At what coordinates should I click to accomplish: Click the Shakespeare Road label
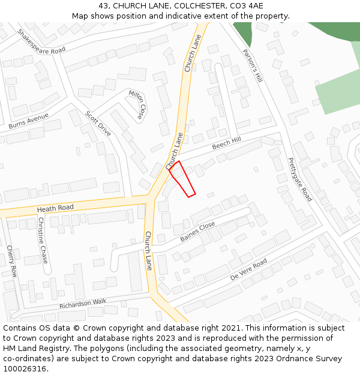(x=41, y=42)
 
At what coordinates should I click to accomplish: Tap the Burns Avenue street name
(x=28, y=121)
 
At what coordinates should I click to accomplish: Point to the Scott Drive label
(x=98, y=123)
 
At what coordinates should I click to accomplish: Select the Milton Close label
(x=137, y=104)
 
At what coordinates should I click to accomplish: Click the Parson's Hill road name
(x=253, y=66)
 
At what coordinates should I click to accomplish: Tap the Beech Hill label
(x=226, y=143)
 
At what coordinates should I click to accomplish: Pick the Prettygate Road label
(x=300, y=179)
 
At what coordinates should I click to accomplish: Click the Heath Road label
(x=55, y=208)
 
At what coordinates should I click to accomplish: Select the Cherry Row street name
(x=11, y=260)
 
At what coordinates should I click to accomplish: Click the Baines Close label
(x=198, y=232)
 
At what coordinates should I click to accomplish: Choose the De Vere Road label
(x=248, y=271)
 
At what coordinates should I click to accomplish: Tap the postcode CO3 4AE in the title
(x=247, y=6)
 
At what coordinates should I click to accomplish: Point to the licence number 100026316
(x=25, y=369)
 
